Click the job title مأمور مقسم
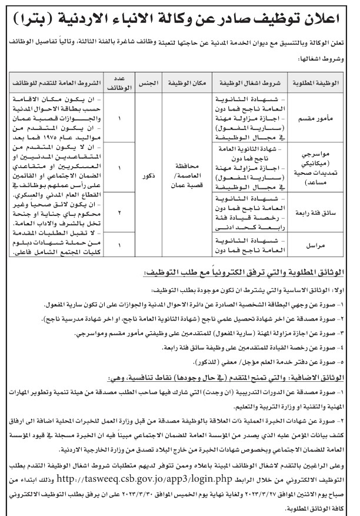[x=325, y=116]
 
